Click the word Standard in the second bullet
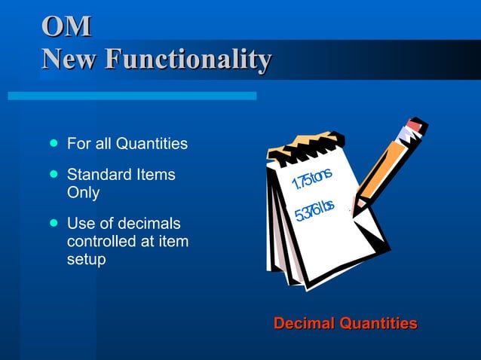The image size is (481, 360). coord(97,175)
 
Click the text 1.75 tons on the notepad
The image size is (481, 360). coord(311,179)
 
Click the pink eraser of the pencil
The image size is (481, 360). coord(413,126)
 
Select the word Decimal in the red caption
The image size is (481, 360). coord(304,324)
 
